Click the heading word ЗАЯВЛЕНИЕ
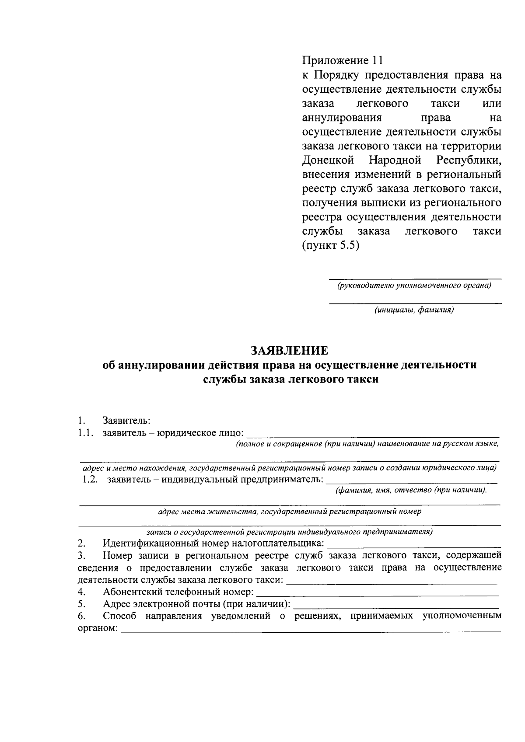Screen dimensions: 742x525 [x=289, y=351]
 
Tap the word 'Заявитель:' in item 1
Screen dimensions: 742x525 [x=126, y=421]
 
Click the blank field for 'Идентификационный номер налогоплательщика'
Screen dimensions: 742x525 [x=413, y=545]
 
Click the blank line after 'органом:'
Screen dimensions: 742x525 [x=311, y=630]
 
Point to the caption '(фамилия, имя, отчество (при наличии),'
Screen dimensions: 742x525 [x=411, y=491]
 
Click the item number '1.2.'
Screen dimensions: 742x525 [x=90, y=480]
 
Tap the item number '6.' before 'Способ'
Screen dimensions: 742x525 [x=81, y=617]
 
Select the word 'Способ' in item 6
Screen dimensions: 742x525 [x=119, y=617]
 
